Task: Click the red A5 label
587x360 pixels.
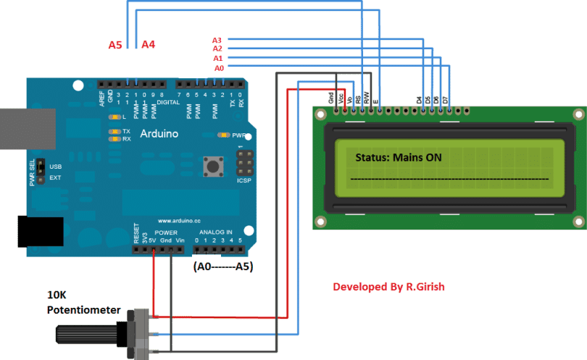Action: click(x=115, y=45)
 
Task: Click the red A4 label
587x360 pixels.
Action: click(x=148, y=45)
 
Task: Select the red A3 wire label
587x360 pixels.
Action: click(x=217, y=40)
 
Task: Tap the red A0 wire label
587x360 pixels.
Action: click(x=219, y=67)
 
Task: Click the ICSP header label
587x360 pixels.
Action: click(x=243, y=180)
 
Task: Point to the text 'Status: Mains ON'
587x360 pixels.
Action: click(x=398, y=157)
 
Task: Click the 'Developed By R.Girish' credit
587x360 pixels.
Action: click(x=388, y=287)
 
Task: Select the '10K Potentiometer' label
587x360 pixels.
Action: click(x=83, y=303)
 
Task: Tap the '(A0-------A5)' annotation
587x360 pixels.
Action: click(x=224, y=266)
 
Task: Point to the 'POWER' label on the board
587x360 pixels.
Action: click(x=166, y=233)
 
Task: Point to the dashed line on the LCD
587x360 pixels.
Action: click(x=449, y=177)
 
